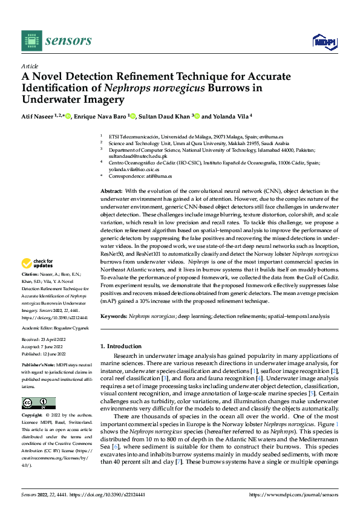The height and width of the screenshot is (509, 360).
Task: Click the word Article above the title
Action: click(x=30, y=66)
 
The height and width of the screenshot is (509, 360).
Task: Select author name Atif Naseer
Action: click(x=39, y=116)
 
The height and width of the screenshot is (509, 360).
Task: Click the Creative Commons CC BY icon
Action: click(x=38, y=403)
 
